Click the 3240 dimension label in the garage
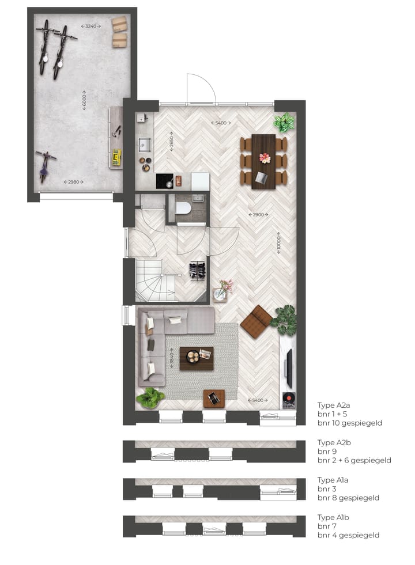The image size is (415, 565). pyautogui.click(x=91, y=26)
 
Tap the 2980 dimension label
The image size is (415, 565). pyautogui.click(x=73, y=182)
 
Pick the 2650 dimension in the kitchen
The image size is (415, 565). pyautogui.click(x=171, y=142)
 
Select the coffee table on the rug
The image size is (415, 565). pyautogui.click(x=197, y=358)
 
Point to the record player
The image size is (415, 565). pyautogui.click(x=288, y=399)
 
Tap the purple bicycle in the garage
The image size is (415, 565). pyautogui.click(x=44, y=165)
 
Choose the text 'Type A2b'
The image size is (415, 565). pyautogui.click(x=333, y=443)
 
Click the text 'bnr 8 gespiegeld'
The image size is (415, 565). pyautogui.click(x=348, y=498)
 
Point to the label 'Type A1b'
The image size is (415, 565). pyautogui.click(x=333, y=517)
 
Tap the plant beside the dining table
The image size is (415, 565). pyautogui.click(x=284, y=122)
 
